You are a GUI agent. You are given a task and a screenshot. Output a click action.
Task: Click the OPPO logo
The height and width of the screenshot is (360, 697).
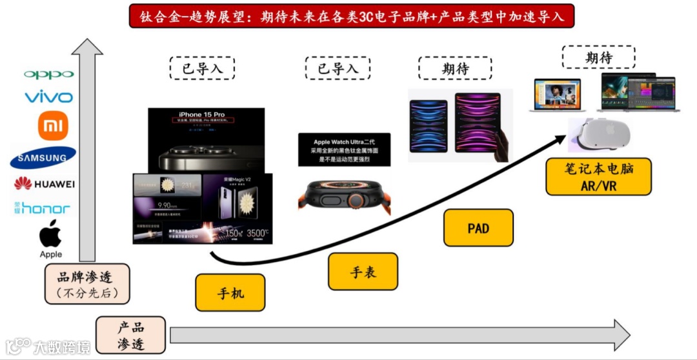pos(49,74)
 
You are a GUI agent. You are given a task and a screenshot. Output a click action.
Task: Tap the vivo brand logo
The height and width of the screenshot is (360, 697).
pos(49,97)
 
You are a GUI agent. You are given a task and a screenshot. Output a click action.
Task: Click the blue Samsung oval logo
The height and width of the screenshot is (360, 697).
pos(43,157)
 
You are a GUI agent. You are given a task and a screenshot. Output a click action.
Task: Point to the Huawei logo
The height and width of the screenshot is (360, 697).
pos(45,184)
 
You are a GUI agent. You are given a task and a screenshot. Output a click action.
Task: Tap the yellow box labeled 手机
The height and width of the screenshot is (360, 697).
pos(230,292)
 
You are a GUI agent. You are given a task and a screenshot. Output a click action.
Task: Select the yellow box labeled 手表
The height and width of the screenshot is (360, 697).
pos(363,272)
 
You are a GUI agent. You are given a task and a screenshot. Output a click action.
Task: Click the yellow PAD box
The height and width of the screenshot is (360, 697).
pos(478,228)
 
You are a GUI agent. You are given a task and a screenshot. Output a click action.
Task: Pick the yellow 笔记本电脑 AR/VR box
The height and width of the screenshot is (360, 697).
pos(598,177)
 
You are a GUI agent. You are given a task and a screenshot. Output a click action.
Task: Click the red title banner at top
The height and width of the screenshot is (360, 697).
pos(351,16)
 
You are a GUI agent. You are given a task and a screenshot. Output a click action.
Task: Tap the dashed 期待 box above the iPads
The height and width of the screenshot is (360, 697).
pos(455,68)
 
